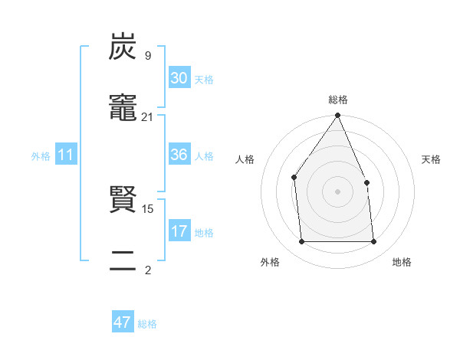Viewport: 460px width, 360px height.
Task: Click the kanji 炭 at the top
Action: tap(123, 47)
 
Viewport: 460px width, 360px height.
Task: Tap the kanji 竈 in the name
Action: tap(123, 107)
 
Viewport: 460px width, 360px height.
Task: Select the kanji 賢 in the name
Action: tap(123, 201)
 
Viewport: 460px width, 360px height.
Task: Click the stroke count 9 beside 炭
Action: tap(147, 56)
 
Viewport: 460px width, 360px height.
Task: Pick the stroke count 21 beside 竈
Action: tap(147, 116)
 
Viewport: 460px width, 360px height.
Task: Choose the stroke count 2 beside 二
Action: tap(147, 270)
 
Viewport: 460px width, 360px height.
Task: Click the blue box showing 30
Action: tap(179, 78)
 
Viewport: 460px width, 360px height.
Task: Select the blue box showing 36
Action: tap(179, 155)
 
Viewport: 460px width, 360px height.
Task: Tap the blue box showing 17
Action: tap(179, 231)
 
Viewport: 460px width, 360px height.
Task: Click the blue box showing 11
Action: tap(67, 155)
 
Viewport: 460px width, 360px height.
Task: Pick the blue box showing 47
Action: tap(123, 322)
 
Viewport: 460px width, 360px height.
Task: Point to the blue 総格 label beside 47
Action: tap(147, 324)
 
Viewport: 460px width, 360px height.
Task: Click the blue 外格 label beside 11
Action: tap(41, 156)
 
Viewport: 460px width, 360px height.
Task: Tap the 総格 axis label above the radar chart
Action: tap(338, 100)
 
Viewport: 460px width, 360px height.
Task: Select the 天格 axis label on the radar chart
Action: tap(431, 159)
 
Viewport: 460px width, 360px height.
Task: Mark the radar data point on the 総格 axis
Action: tap(338, 116)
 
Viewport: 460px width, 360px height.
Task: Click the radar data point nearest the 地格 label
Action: tap(373, 242)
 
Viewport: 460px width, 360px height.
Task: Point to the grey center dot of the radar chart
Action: tap(338, 191)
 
